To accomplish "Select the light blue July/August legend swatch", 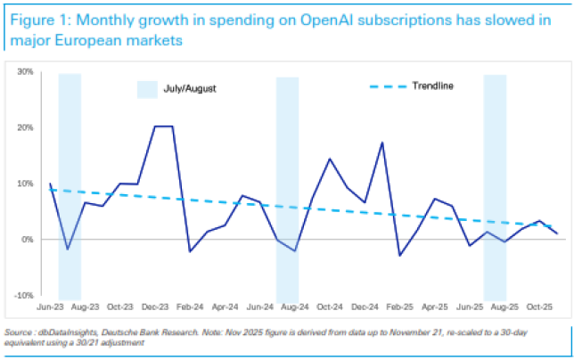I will [147, 87].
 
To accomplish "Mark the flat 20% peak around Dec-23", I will [162, 127].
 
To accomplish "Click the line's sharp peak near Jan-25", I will [382, 143].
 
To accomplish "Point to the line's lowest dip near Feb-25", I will [399, 256].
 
